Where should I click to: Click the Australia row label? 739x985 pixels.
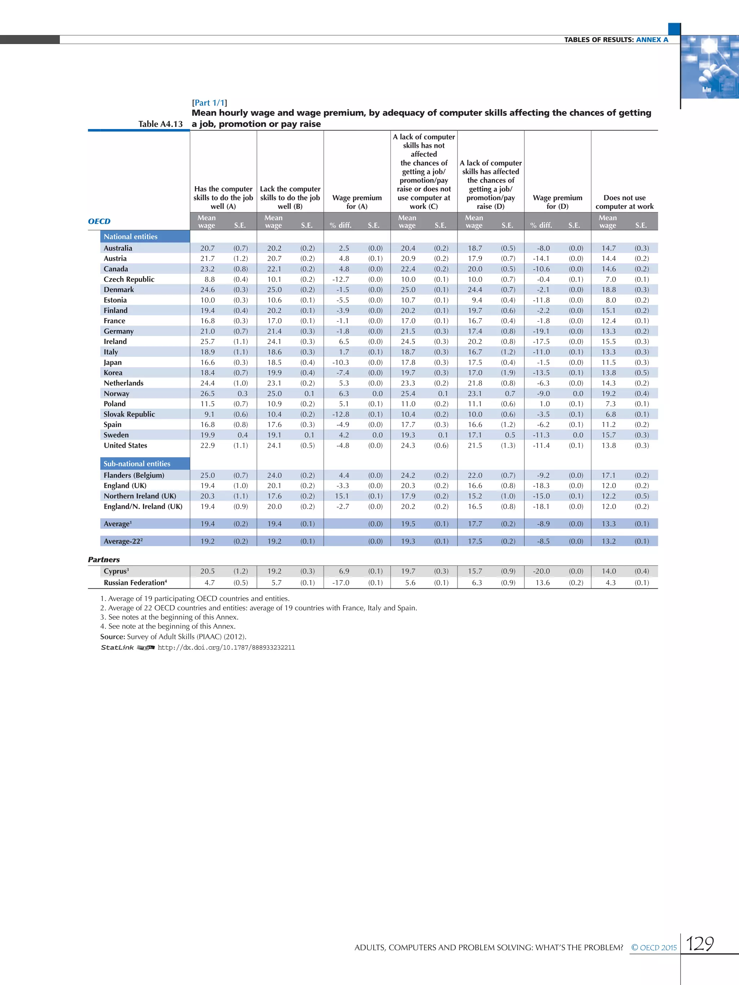[118, 248]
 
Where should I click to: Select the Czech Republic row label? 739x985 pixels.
[129, 279]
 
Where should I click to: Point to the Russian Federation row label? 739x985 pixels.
[135, 582]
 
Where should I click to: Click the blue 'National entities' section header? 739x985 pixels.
[131, 237]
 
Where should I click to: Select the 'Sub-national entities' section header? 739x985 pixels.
[137, 463]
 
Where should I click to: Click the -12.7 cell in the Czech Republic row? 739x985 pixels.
[340, 279]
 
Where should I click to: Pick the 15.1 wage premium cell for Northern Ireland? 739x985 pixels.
[342, 496]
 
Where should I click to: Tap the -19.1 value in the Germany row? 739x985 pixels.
[541, 331]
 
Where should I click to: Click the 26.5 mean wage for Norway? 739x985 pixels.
[207, 393]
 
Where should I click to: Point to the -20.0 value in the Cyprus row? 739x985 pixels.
[541, 571]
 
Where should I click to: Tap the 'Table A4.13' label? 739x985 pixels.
[160, 124]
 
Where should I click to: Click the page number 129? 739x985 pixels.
[699, 944]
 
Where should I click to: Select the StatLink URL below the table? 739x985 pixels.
[226, 647]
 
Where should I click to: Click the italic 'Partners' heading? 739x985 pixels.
[104, 560]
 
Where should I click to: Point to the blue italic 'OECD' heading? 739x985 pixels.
[99, 221]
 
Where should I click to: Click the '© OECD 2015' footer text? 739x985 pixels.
[653, 947]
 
